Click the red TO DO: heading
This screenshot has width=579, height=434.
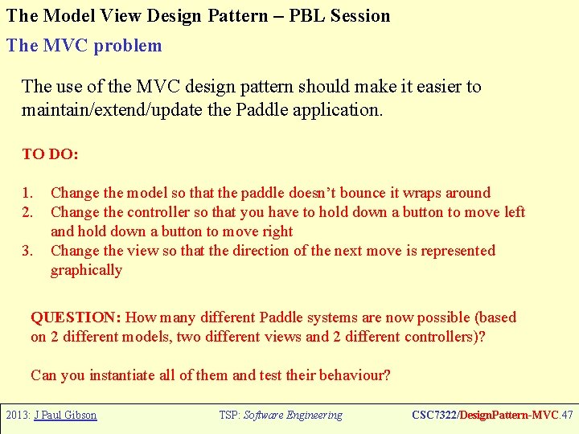tap(50, 154)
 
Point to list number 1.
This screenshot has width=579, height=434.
tap(27, 193)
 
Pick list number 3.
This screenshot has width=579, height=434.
tap(27, 251)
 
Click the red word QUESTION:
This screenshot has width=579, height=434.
tap(76, 317)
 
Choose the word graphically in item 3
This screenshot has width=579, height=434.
tap(86, 270)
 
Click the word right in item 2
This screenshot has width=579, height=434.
tap(277, 231)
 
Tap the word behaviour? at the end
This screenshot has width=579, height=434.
tap(355, 375)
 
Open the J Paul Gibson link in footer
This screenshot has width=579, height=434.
tap(65, 416)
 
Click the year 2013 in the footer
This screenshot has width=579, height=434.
tap(16, 416)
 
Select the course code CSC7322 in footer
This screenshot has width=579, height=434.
tap(435, 416)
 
